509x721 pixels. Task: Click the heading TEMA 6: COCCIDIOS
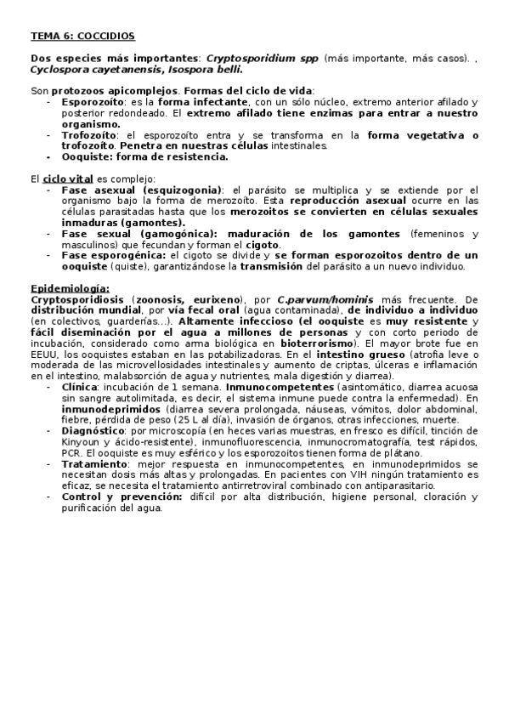click(x=82, y=37)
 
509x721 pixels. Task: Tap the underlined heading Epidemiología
click(x=70, y=288)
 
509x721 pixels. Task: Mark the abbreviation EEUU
click(x=44, y=354)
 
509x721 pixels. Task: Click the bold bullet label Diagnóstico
click(x=95, y=431)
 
